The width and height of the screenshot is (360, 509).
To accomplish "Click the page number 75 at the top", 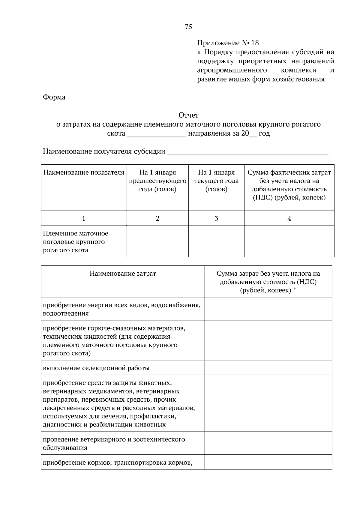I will [x=188, y=27].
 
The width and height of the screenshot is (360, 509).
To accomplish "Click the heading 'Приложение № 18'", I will [x=228, y=43].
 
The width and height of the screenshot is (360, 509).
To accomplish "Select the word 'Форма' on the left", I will [x=54, y=97].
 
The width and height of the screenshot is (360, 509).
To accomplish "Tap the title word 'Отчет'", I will [x=188, y=115].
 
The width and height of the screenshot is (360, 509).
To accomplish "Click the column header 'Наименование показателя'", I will [x=84, y=172].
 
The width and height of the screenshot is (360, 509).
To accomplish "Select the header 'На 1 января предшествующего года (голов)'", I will [x=157, y=181].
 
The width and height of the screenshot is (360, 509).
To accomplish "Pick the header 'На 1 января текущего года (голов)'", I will [x=216, y=181].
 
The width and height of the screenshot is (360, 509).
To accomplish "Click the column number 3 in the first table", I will [x=216, y=218].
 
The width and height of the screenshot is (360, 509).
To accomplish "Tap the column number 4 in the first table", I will [x=289, y=218].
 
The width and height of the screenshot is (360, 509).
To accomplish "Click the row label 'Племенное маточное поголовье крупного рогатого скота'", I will [x=75, y=242].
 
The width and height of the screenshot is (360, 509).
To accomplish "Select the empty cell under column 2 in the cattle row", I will [x=157, y=241].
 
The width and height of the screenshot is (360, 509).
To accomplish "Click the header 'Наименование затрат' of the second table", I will [x=123, y=274].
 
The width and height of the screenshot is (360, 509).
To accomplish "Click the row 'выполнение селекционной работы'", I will [x=96, y=368].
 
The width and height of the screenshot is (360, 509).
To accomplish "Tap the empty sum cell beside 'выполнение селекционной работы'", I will [x=268, y=368].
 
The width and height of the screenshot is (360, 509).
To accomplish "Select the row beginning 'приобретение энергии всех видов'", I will [x=121, y=309].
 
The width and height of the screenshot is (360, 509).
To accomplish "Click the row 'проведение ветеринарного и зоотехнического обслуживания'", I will [x=114, y=444].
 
